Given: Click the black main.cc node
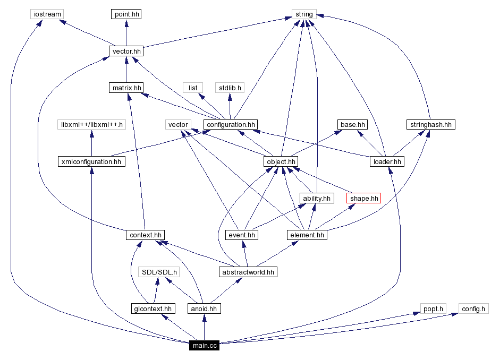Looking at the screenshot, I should point(205,346).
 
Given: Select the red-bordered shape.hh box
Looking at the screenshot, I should point(364,199).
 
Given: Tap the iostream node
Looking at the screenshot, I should point(47,14).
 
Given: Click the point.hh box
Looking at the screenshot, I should point(126,14).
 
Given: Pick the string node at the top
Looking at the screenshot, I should point(304,14).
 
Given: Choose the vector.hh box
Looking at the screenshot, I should point(126,52).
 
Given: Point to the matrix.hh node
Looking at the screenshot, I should point(125,88).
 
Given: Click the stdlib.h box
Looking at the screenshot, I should point(230,88).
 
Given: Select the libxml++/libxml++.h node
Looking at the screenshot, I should point(91,125).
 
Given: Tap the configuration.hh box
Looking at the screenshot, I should point(231,125).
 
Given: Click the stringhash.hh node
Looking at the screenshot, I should point(430,125).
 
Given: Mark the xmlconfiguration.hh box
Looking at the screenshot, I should point(91,161).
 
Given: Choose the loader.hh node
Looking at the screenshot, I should point(387,161).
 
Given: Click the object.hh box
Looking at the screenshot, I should point(280,161).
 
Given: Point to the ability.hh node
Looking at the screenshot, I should point(317,199).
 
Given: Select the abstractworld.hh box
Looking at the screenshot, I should point(248,272).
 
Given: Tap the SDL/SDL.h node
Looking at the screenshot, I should point(158,272).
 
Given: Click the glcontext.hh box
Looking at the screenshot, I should point(153,308).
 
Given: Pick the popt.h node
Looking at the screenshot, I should point(433,308).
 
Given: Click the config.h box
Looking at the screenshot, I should point(473,308).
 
